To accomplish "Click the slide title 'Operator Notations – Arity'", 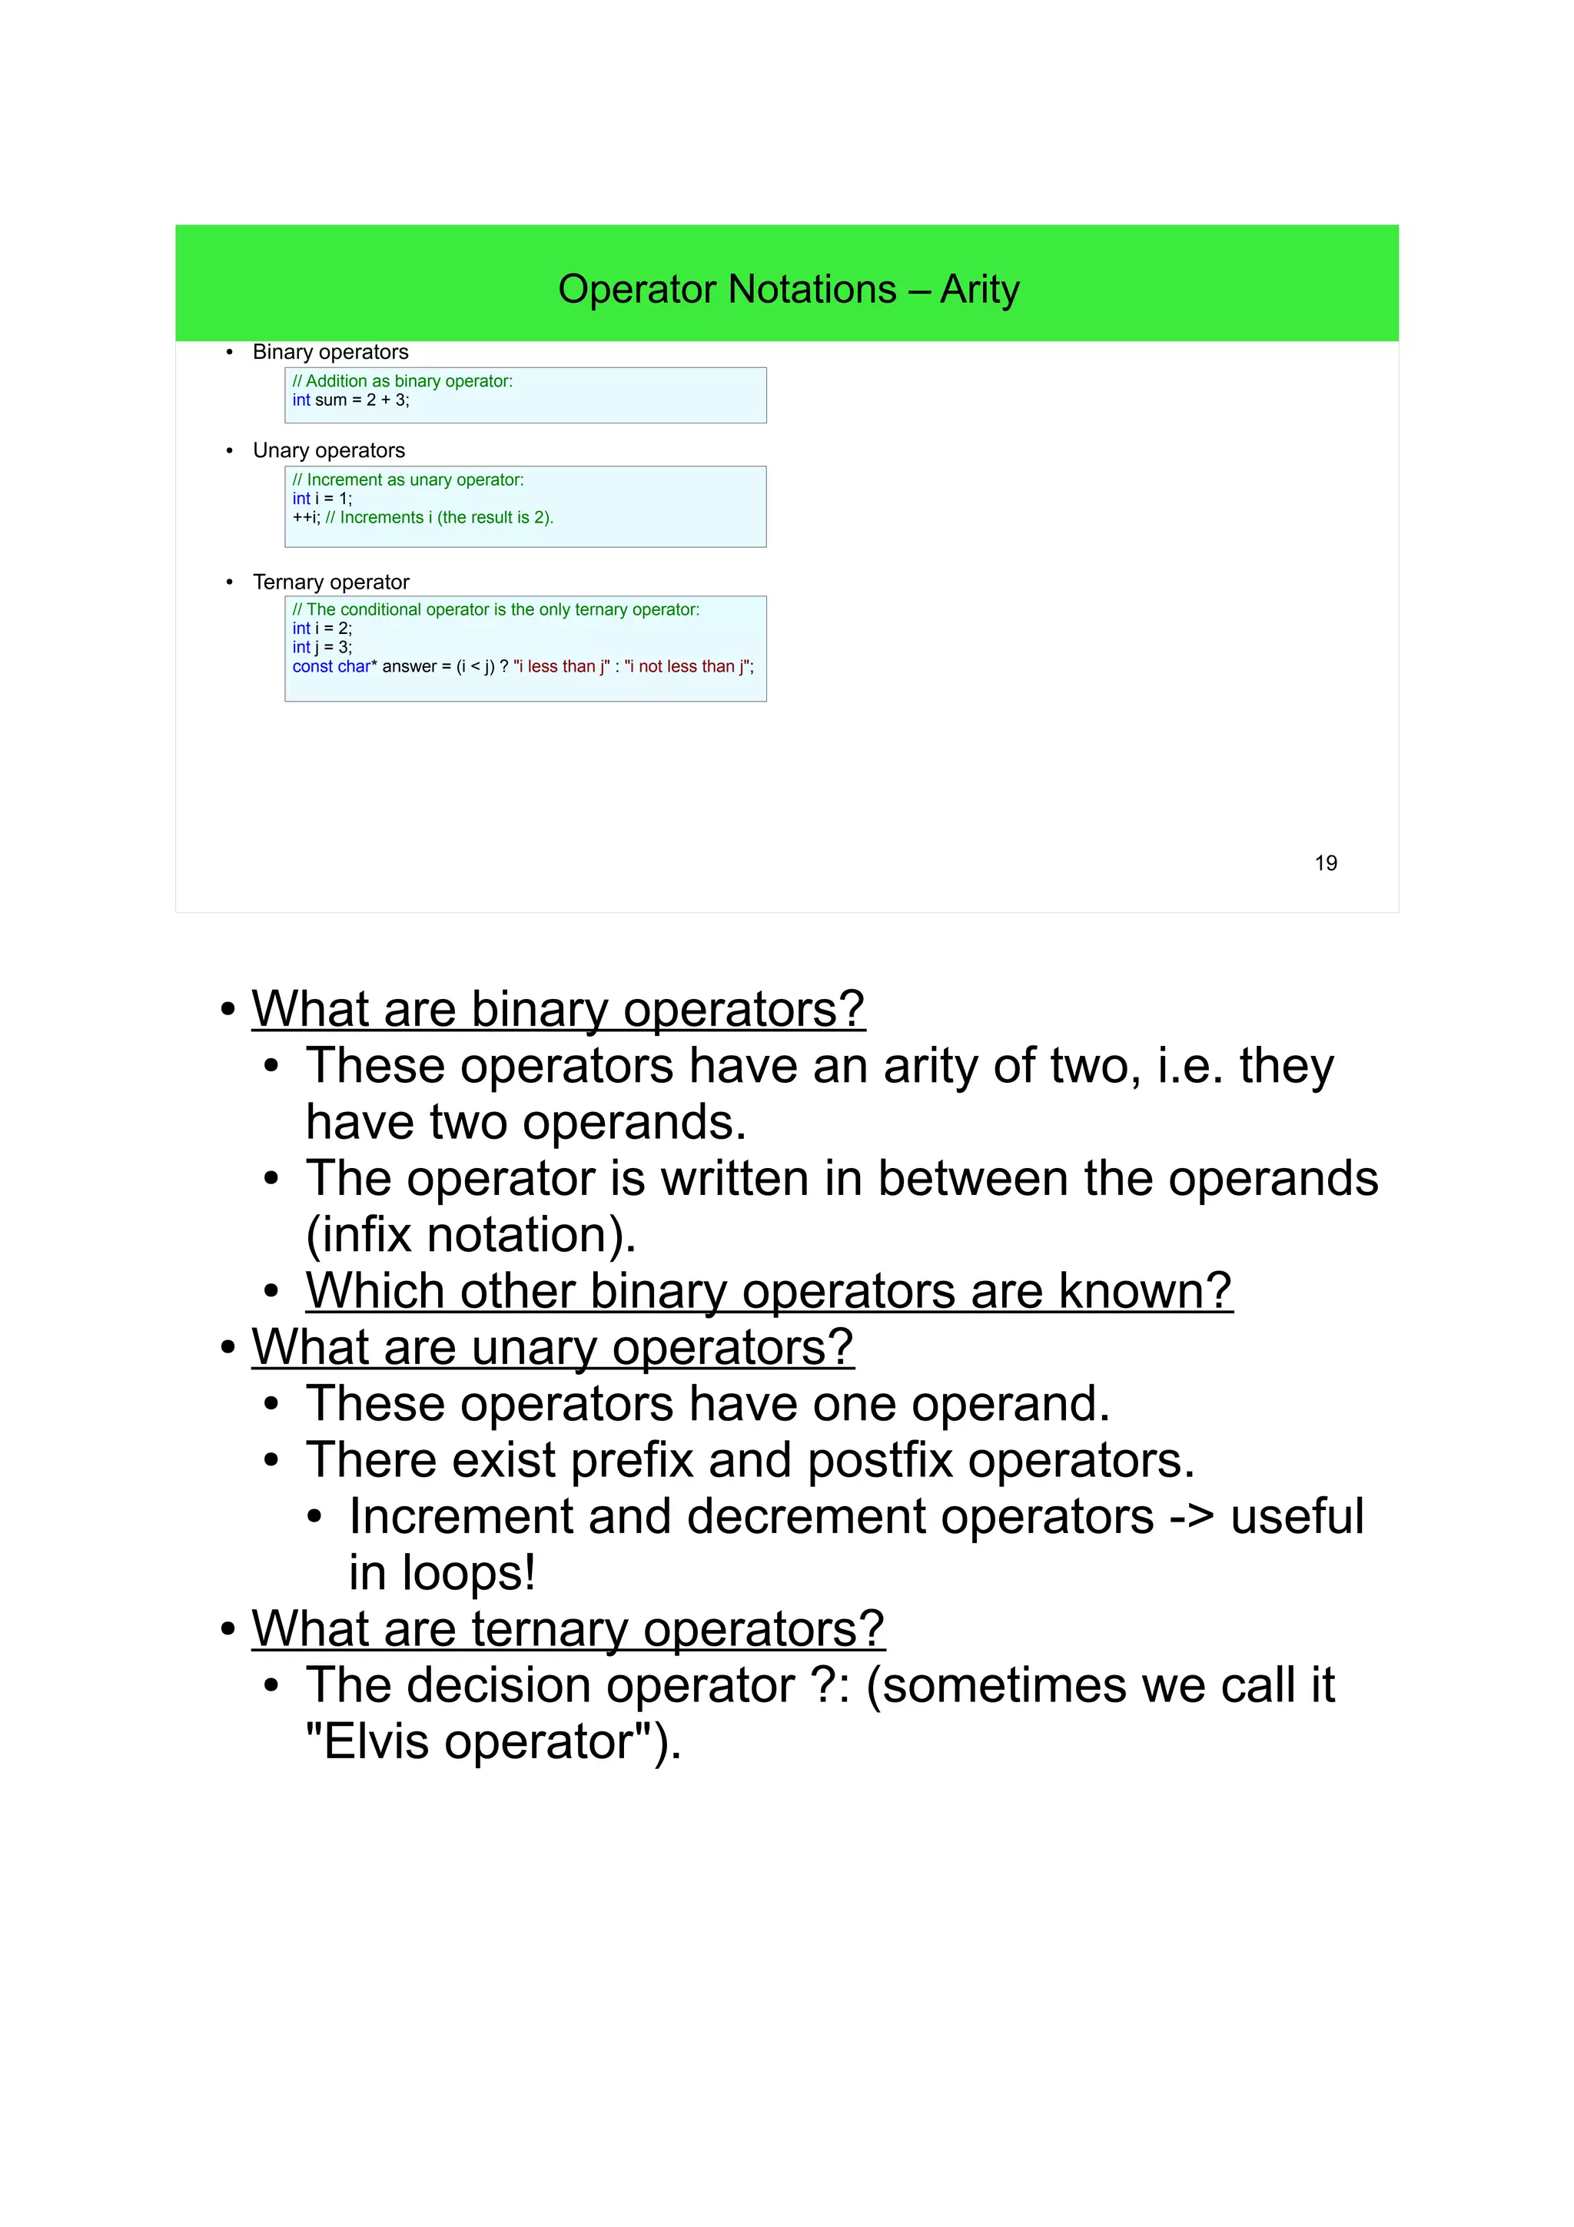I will (788, 289).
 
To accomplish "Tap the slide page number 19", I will (1325, 863).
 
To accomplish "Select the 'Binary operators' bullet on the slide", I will (330, 352).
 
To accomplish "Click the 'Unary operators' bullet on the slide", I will (328, 450).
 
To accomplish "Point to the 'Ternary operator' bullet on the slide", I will (330, 582).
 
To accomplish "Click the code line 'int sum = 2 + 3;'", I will (351, 400).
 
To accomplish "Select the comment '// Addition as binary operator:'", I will (403, 381).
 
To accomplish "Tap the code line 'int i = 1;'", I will (322, 499).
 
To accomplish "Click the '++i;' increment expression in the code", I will (305, 518).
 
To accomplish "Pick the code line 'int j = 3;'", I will (322, 647).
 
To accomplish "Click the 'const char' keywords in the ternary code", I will (332, 666).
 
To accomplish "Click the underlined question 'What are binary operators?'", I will (558, 1009).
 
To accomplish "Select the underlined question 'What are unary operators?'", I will (553, 1346).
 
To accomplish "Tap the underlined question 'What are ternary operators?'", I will (567, 1628).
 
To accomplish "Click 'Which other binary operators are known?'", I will (768, 1290).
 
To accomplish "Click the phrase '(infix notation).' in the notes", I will (470, 1234).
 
